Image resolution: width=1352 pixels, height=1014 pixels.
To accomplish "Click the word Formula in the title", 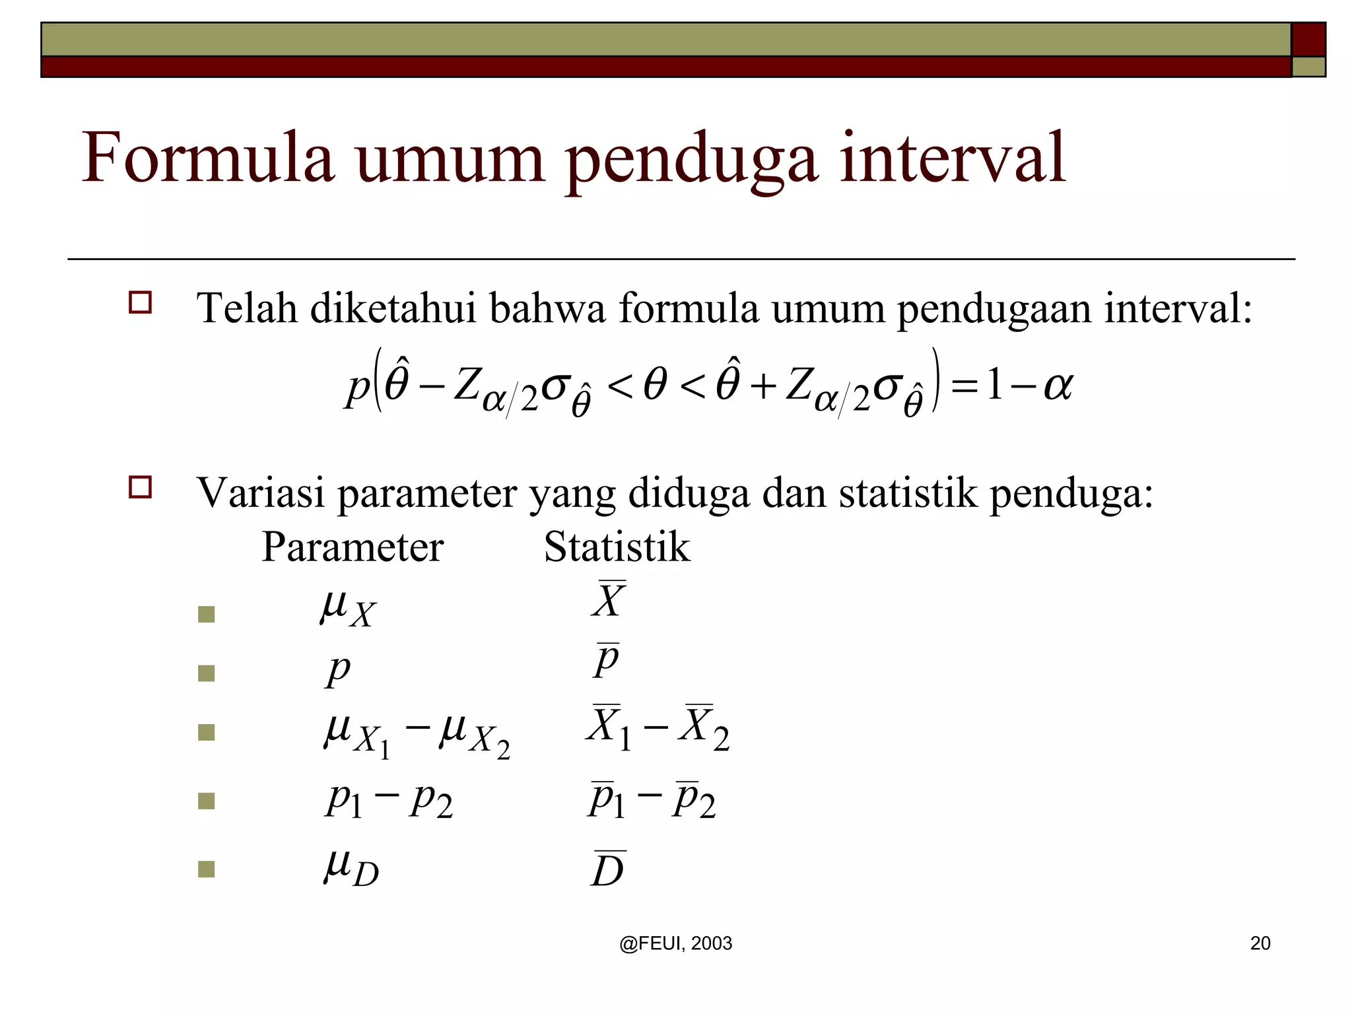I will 207,158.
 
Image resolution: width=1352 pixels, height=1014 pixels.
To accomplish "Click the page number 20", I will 1260,943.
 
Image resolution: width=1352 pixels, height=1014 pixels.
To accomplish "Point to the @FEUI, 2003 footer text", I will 675,943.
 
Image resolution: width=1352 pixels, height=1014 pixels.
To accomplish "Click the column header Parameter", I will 353,547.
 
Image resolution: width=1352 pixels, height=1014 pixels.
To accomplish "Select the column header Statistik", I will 617,547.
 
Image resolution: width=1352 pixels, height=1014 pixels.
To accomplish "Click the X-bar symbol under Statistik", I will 608,599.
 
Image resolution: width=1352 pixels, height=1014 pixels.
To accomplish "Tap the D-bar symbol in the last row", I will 607,869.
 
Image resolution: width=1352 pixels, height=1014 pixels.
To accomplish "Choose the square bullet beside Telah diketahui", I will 140,302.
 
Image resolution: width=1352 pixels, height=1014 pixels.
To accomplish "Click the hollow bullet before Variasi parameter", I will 140,487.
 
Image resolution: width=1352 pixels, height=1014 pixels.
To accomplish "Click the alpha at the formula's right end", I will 1058,384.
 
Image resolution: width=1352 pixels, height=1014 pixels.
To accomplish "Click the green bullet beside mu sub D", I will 207,869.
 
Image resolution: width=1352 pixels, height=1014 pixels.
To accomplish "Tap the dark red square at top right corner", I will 1308,40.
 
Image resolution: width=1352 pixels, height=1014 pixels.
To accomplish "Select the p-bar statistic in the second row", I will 606,660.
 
